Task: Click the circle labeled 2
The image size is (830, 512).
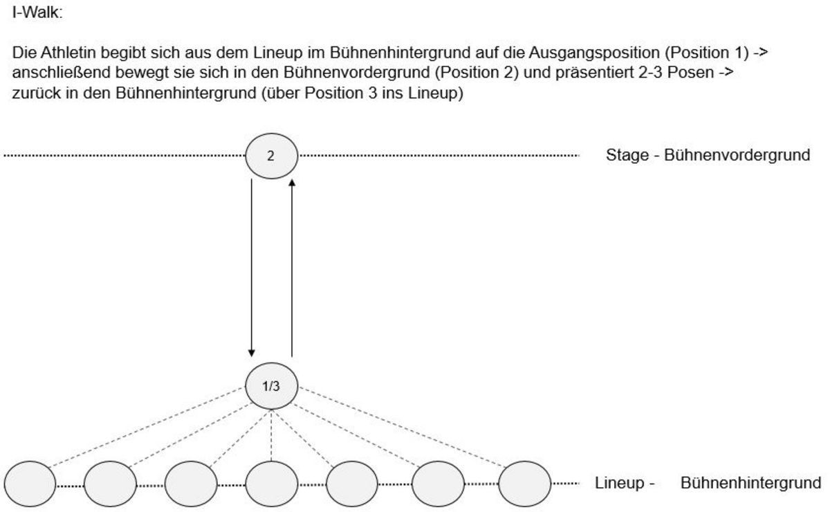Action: (271, 156)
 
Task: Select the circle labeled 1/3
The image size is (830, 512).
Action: (271, 385)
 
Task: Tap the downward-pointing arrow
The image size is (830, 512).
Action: (252, 263)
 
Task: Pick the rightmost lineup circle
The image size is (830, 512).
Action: (525, 484)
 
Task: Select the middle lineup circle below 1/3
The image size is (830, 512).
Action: (271, 484)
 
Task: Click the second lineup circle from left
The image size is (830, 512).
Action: (110, 484)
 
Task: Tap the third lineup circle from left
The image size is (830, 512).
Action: (191, 484)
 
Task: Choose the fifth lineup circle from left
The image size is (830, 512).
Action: (352, 484)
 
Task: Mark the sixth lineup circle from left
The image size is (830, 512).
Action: (439, 484)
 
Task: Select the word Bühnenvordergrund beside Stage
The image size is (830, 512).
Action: (737, 155)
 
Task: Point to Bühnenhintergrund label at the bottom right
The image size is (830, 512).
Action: (751, 482)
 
